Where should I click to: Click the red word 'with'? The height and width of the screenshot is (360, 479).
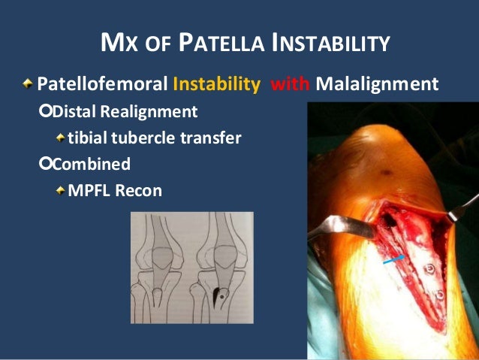pyautogui.click(x=293, y=83)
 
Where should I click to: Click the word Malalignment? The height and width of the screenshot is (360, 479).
pyautogui.click(x=377, y=83)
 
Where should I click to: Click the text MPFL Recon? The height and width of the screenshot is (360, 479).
pyautogui.click(x=115, y=190)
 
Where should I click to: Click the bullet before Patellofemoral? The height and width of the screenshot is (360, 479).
pyautogui.click(x=28, y=83)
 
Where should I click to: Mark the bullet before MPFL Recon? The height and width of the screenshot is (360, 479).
pyautogui.click(x=60, y=190)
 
